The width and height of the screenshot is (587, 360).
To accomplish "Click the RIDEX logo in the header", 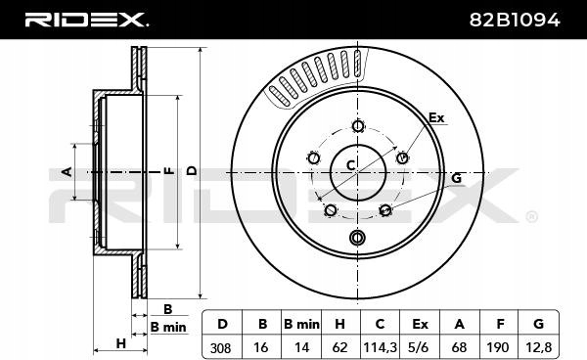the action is point(86,20).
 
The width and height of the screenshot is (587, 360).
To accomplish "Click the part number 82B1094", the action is point(515,20).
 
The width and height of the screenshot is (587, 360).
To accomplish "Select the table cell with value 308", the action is point(221,348).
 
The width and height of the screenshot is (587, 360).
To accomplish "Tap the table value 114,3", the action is point(380,348).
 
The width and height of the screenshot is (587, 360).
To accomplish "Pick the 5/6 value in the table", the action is point(419,348).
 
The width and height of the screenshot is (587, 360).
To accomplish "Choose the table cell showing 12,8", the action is point(539,348).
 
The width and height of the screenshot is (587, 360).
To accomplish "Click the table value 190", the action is point(498,348).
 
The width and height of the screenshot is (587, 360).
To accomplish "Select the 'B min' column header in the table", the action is point(301,324).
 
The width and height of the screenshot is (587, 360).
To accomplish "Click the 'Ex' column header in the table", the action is point(420,324).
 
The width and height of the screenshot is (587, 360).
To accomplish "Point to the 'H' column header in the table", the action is point(339,324).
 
